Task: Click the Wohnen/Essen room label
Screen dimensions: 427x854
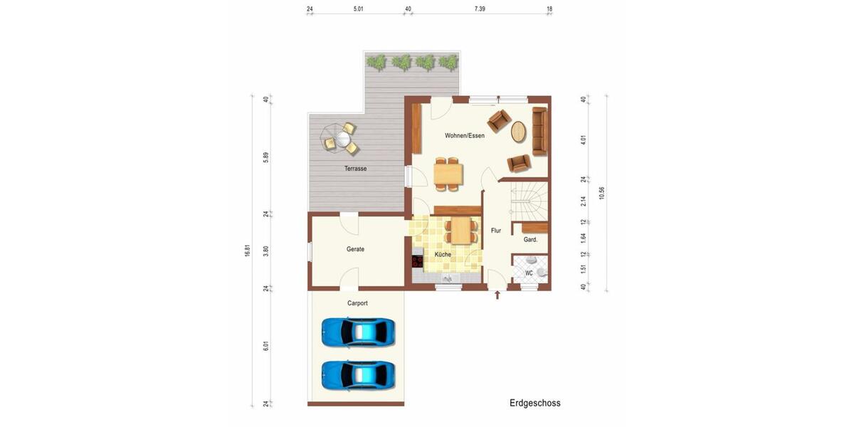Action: (465, 135)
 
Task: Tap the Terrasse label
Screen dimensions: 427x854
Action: (355, 169)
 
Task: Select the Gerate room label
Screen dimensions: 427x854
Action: (355, 249)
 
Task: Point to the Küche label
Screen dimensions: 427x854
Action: (443, 254)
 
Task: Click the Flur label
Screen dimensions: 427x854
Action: (496, 231)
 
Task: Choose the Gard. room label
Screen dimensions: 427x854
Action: (530, 240)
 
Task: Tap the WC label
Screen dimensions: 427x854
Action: (529, 273)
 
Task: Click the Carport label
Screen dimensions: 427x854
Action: (357, 303)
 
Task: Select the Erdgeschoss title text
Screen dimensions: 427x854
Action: (534, 403)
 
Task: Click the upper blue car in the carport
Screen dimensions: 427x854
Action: (358, 332)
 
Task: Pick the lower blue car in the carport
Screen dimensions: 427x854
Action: (358, 374)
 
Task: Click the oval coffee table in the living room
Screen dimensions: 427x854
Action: (520, 132)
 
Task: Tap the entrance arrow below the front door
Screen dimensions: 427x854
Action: (497, 295)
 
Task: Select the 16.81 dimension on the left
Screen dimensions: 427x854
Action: (248, 251)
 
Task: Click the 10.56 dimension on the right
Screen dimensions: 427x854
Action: (601, 193)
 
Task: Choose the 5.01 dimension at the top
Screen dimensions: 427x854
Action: (359, 9)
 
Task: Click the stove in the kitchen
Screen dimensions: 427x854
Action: (417, 260)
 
